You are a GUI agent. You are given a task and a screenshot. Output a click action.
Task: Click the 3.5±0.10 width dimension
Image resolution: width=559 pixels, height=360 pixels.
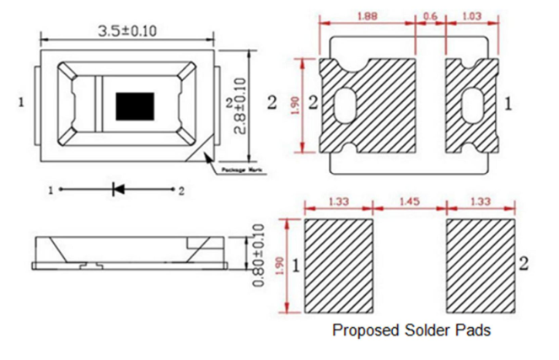click(x=127, y=31)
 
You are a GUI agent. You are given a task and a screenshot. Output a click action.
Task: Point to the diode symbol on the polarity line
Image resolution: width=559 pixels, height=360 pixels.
click(x=117, y=191)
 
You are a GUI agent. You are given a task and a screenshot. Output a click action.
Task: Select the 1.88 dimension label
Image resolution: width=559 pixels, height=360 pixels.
click(x=368, y=15)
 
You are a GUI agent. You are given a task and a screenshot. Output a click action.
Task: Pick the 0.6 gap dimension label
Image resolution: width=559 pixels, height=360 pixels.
click(x=431, y=15)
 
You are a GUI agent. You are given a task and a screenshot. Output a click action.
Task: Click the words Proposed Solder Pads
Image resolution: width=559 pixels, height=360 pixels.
click(x=411, y=330)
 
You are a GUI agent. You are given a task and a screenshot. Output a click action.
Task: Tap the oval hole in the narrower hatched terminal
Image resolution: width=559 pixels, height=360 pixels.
click(x=467, y=107)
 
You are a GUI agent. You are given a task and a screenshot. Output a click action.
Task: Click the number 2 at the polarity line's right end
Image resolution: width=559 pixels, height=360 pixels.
click(x=180, y=191)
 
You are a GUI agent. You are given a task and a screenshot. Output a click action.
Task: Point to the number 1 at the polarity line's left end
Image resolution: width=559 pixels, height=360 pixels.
click(x=51, y=191)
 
